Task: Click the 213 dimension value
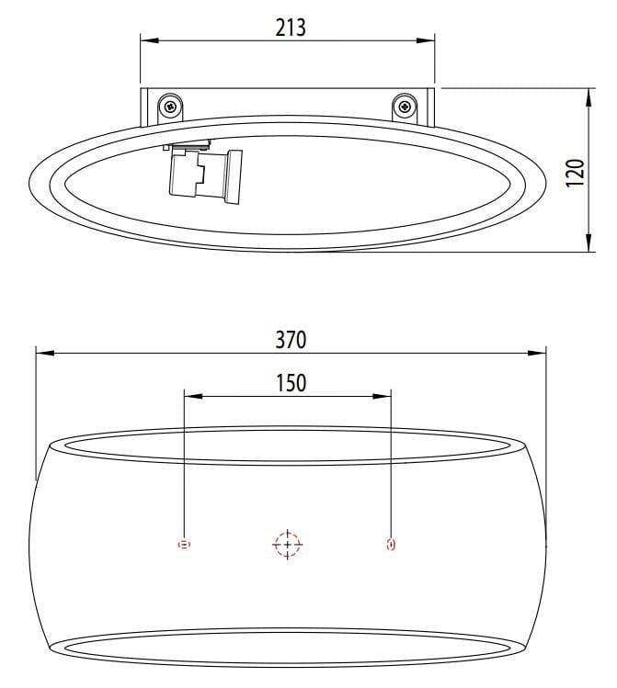coord(290,27)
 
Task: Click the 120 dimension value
coord(575,172)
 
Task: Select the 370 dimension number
coord(291,339)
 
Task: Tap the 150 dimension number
coord(291,382)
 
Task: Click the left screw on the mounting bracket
coord(171,107)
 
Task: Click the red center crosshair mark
coord(288,545)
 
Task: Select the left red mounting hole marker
coord(184,545)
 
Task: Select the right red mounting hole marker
coord(391,545)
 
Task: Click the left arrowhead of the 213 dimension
coord(147,39)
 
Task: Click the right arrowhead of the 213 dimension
coord(428,39)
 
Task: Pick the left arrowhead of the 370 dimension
coord(42,353)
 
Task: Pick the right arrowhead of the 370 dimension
coord(539,353)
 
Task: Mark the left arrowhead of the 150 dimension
coord(191,396)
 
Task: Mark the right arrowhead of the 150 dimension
coord(384,396)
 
